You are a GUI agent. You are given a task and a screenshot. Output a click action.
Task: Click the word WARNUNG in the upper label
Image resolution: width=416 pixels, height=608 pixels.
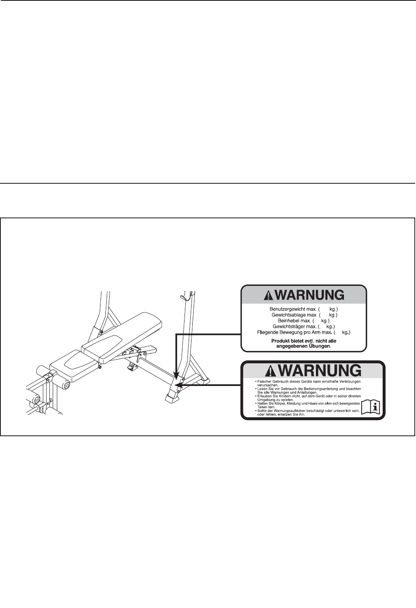pos(309,295)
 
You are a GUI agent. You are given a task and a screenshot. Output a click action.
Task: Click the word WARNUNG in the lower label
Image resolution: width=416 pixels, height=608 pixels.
pos(320,370)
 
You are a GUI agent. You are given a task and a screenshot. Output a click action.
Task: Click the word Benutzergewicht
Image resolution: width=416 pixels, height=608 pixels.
pos(287,309)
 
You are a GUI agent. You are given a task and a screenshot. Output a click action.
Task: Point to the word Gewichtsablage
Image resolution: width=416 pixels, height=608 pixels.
pos(288,315)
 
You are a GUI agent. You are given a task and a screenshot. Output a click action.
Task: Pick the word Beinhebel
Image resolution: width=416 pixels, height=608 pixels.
pos(288,320)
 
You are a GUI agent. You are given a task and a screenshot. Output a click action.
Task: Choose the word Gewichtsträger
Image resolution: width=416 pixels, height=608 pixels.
pos(289,326)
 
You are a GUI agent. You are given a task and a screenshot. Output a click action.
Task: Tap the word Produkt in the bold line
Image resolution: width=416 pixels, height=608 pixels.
pos(280,341)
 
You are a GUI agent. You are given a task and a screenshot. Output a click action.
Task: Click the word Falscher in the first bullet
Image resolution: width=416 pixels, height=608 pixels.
pos(266,382)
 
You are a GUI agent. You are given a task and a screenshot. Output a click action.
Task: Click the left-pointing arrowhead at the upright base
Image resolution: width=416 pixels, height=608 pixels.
pos(178,386)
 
